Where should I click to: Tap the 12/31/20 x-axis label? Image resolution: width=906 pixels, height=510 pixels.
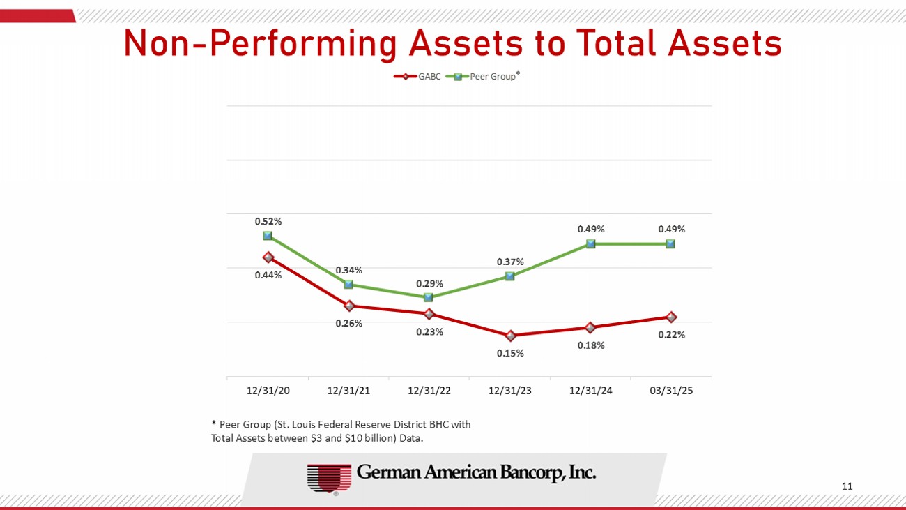pyautogui.click(x=268, y=391)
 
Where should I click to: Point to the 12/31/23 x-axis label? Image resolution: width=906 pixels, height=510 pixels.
pyautogui.click(x=509, y=391)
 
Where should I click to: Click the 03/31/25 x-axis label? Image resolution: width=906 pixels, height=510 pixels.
pyautogui.click(x=671, y=391)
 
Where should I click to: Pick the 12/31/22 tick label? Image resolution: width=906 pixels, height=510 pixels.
pyautogui.click(x=429, y=391)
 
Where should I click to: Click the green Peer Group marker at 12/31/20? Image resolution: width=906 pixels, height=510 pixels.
pyautogui.click(x=268, y=236)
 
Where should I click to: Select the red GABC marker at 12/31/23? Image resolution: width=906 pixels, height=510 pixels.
pyautogui.click(x=510, y=336)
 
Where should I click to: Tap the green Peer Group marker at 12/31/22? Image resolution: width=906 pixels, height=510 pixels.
pyautogui.click(x=429, y=297)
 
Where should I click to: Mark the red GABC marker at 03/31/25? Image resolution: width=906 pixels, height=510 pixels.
pyautogui.click(x=671, y=317)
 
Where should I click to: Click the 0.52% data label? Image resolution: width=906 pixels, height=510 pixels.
pyautogui.click(x=268, y=221)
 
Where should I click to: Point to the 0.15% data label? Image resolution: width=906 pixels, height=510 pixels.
pyautogui.click(x=510, y=353)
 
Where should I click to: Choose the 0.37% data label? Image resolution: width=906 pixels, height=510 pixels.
pyautogui.click(x=510, y=262)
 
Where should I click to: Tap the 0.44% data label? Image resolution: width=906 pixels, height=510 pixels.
pyautogui.click(x=268, y=275)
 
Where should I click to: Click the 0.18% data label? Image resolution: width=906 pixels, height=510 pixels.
pyautogui.click(x=591, y=345)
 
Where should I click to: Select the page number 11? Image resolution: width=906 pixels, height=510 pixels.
pyautogui.click(x=847, y=486)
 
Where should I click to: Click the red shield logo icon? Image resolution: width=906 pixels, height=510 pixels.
pyautogui.click(x=329, y=479)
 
